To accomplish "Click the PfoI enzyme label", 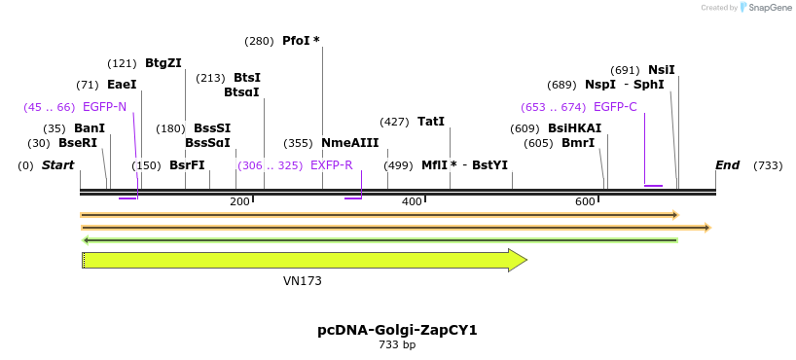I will coord(296,41).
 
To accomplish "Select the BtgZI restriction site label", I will coord(163,63).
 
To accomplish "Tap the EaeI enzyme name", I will coord(122,85).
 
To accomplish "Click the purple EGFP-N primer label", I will coord(104,106).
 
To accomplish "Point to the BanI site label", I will coord(89,128).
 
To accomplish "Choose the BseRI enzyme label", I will coord(78,143).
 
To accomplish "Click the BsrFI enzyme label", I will coord(187,165).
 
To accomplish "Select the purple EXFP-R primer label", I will coord(331,165).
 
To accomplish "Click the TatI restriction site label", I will coord(430,122).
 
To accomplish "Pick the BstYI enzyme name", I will coord(489,165).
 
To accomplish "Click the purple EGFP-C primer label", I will coord(614,106).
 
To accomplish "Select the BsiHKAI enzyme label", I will coord(574,128).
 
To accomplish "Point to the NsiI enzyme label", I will coord(661,70).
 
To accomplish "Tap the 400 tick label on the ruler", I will coord(412,201).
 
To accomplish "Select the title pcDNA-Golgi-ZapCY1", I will coord(397,330).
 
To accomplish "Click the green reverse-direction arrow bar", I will coord(380,239).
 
